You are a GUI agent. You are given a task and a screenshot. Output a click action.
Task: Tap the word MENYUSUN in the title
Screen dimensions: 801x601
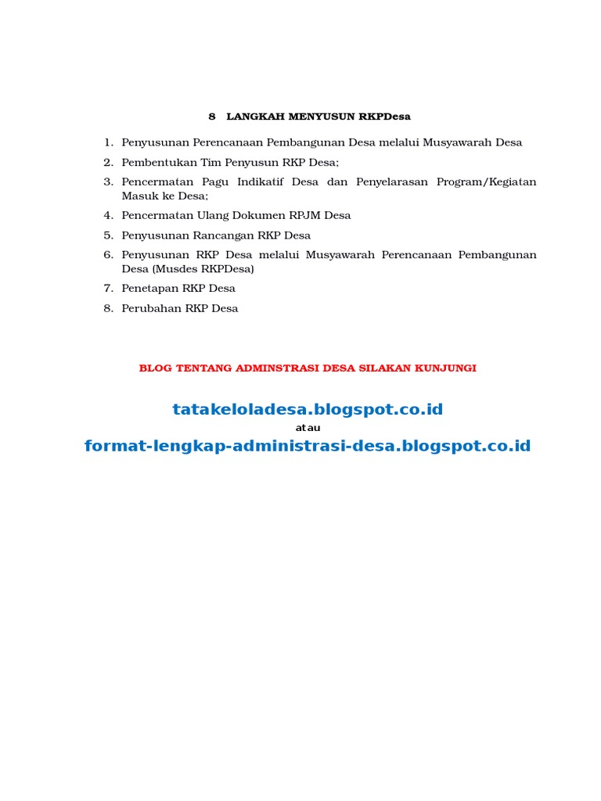(322, 117)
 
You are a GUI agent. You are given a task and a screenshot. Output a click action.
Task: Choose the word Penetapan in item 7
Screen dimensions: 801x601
(150, 289)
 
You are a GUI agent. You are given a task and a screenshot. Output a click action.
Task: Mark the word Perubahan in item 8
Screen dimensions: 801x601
(152, 308)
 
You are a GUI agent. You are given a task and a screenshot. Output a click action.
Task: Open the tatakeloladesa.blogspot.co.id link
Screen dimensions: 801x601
(308, 410)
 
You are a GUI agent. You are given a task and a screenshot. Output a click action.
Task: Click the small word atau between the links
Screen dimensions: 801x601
(308, 428)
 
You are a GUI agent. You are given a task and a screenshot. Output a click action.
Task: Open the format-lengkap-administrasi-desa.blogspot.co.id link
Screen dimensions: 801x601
(308, 447)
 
